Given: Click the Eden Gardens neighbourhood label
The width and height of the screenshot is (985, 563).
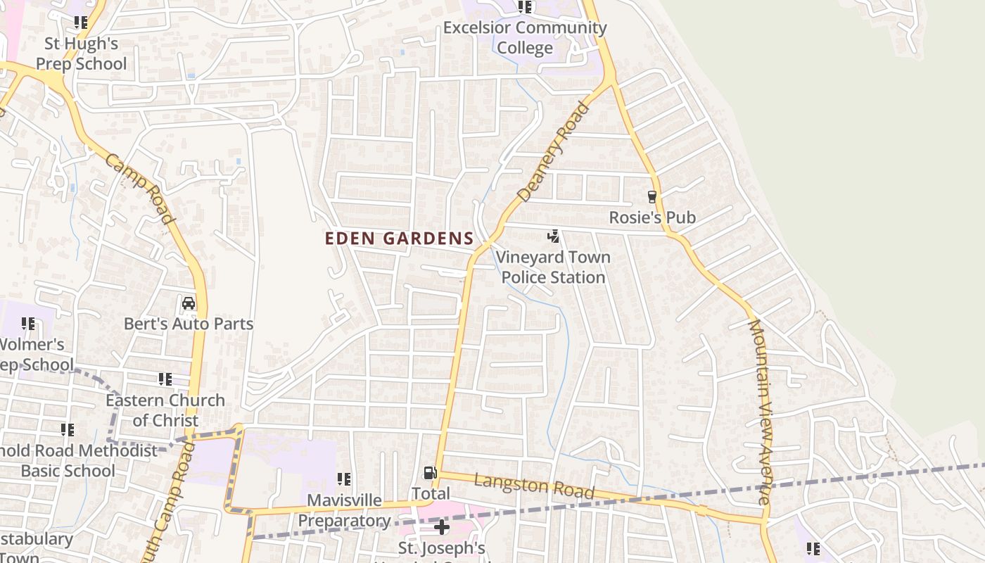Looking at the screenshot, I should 399,239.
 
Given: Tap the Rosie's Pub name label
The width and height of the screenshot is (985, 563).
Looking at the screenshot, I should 652,217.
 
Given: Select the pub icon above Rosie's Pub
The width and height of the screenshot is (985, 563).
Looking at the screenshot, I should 652,197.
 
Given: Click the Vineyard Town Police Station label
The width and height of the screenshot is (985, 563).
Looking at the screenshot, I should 553,267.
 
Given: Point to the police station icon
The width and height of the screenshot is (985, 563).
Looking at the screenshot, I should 554,236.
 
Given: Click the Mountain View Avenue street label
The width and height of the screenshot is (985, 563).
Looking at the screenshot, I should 760,412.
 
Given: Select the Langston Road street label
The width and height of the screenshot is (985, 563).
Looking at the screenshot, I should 534,486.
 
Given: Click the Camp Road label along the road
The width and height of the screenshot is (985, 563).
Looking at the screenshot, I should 139,189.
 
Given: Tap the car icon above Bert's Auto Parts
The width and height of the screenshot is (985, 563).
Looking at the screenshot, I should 189,303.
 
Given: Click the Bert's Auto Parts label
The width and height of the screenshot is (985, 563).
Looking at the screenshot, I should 189,324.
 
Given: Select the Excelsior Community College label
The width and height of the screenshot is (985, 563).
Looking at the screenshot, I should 525,38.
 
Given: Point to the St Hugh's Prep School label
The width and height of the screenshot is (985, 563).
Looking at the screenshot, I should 82,53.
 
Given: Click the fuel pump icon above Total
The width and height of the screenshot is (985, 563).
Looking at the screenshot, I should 430,473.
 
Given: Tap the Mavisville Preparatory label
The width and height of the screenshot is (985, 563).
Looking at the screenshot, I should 344,511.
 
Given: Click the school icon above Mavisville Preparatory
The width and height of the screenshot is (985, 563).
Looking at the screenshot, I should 344,479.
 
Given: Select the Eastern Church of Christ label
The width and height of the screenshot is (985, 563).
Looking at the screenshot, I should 165,410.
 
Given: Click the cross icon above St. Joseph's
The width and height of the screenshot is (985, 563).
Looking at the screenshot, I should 442,527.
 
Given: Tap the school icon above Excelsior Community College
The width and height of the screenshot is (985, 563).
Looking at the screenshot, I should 525,7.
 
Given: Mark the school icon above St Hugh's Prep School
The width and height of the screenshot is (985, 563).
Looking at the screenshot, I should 82,23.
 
